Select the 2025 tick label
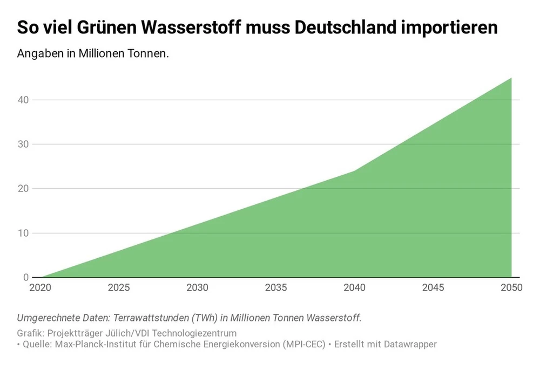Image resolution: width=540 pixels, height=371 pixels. (x=119, y=287)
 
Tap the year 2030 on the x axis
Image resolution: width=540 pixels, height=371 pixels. (x=197, y=287)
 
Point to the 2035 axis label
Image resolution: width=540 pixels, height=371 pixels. (x=276, y=287)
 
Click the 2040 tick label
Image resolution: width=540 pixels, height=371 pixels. (x=355, y=287)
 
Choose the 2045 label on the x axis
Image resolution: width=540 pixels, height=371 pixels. (x=433, y=287)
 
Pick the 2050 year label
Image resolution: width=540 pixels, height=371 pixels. (x=511, y=287)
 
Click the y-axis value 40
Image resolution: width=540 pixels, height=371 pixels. (x=22, y=100)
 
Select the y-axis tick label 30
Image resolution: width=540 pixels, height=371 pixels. (x=22, y=144)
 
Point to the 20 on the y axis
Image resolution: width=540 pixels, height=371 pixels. (x=22, y=189)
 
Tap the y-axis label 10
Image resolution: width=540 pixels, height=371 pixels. (x=22, y=233)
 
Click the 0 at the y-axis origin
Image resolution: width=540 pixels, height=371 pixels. (x=25, y=277)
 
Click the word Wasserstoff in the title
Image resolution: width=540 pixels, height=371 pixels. (x=190, y=28)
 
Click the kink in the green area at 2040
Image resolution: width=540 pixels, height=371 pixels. (x=355, y=171)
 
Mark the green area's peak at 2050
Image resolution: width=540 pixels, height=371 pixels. (x=511, y=78)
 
